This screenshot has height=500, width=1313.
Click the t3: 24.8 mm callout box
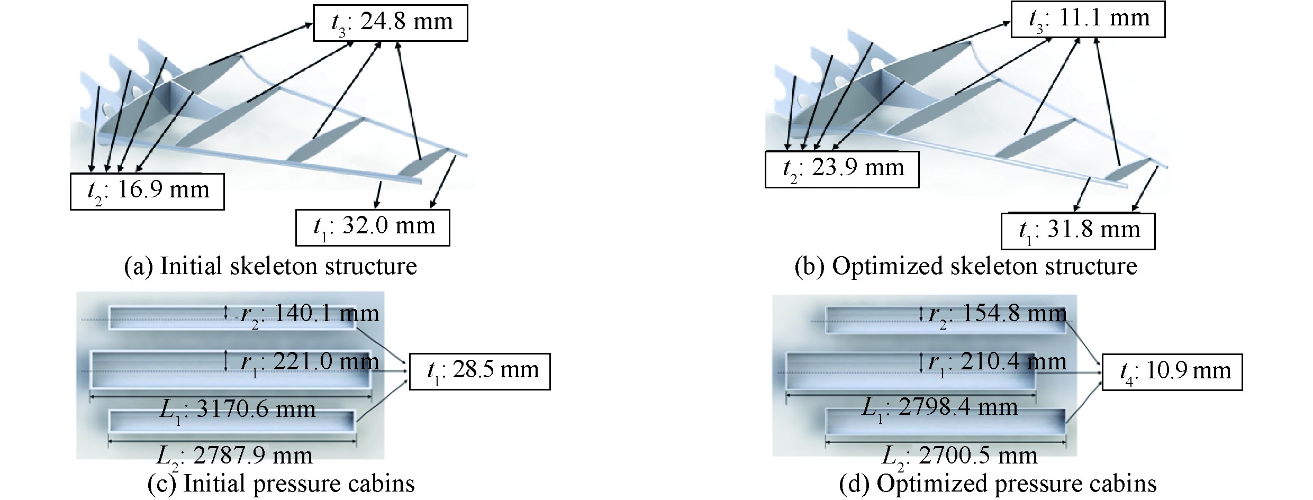390,23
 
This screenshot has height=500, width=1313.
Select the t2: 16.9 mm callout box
147,191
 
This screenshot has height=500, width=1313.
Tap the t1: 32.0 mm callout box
373,228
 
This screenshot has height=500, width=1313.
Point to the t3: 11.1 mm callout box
1088,20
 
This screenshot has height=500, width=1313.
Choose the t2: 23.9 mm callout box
841,169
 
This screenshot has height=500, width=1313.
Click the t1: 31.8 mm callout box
1077,231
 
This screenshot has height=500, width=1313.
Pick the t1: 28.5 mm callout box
480,371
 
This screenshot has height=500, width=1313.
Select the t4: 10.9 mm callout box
1172,372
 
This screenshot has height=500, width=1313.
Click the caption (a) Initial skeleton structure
270,266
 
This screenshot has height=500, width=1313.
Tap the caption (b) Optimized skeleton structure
965,266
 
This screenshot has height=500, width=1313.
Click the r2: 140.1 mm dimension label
310,314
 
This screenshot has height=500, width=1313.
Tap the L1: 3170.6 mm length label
237,409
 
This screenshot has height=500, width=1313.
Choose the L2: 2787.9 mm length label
234,455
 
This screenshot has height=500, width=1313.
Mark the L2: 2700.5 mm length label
959,455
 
